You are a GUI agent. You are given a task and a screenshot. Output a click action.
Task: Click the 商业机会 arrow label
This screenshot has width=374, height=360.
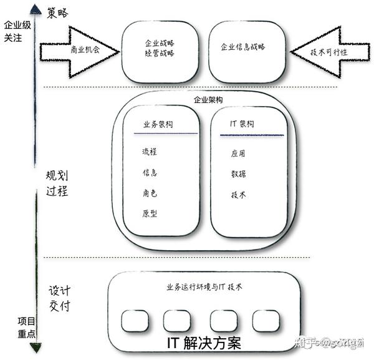85,50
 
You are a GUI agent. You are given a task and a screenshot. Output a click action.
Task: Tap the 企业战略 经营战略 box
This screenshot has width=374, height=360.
160,49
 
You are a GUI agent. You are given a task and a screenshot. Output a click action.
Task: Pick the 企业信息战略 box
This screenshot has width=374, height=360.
243,47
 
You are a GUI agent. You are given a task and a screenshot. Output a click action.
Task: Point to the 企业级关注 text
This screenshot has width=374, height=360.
17,32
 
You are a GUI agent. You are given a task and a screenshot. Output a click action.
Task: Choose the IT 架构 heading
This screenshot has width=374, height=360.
242,124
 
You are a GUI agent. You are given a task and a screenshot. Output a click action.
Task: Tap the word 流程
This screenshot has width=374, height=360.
150,152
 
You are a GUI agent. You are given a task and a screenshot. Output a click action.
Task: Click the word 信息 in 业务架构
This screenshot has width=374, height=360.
150,173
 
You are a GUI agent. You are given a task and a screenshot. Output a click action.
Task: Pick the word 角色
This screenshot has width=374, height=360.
150,193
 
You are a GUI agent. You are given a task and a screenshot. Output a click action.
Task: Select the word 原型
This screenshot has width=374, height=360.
150,213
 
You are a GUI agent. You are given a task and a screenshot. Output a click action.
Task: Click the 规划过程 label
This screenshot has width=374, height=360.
57,184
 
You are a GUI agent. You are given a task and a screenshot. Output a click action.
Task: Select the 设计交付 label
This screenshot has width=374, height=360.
59,298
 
